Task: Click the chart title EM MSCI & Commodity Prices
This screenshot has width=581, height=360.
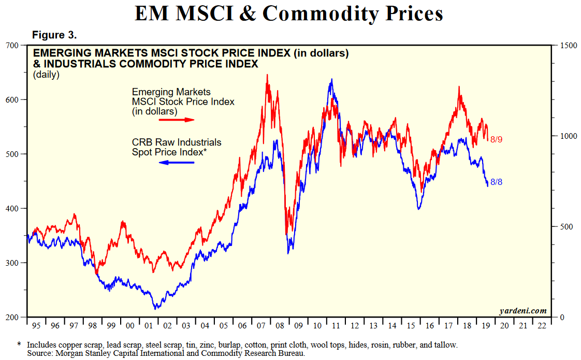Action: click(289, 13)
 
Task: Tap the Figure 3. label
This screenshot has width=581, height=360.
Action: click(54, 35)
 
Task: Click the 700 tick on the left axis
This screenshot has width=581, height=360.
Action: click(12, 46)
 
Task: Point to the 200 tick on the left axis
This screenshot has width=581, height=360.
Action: click(12, 317)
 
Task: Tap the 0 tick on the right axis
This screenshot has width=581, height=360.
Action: click(562, 317)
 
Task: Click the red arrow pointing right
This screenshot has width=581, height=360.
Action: click(176, 120)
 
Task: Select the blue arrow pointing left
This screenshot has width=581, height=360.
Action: click(176, 163)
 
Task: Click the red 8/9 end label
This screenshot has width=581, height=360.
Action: click(496, 139)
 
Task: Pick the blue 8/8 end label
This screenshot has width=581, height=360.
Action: click(496, 182)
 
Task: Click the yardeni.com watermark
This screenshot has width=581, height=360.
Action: click(522, 311)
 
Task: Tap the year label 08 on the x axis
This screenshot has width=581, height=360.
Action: click(280, 326)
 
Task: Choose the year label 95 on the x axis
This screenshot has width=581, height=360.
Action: click(36, 326)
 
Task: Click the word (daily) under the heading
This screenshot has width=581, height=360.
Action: click(46, 75)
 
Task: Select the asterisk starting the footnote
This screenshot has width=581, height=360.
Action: click(19, 344)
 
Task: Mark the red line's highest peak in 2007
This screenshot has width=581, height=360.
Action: click(267, 75)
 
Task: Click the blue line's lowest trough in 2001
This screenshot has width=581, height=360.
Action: click(154, 309)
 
